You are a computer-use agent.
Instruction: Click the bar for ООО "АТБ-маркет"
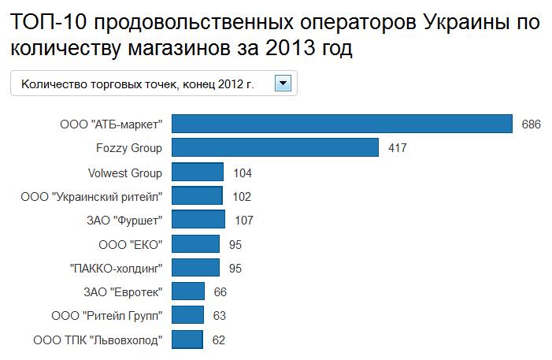click(x=343, y=124)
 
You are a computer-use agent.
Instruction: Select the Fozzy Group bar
click(x=275, y=148)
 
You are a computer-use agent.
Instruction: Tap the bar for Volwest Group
click(x=198, y=173)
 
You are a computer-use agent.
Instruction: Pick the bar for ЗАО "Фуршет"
click(x=198, y=221)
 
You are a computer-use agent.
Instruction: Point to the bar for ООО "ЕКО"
click(x=195, y=245)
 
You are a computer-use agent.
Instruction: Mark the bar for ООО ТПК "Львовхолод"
click(x=187, y=340)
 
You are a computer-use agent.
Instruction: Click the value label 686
click(x=531, y=124)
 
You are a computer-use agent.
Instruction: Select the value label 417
click(x=397, y=148)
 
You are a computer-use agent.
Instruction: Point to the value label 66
click(x=220, y=293)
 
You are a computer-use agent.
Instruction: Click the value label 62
click(x=219, y=341)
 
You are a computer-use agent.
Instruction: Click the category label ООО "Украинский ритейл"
click(x=91, y=197)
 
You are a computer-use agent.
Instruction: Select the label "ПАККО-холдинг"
click(x=117, y=269)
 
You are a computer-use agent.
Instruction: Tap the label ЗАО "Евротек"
click(x=123, y=293)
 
